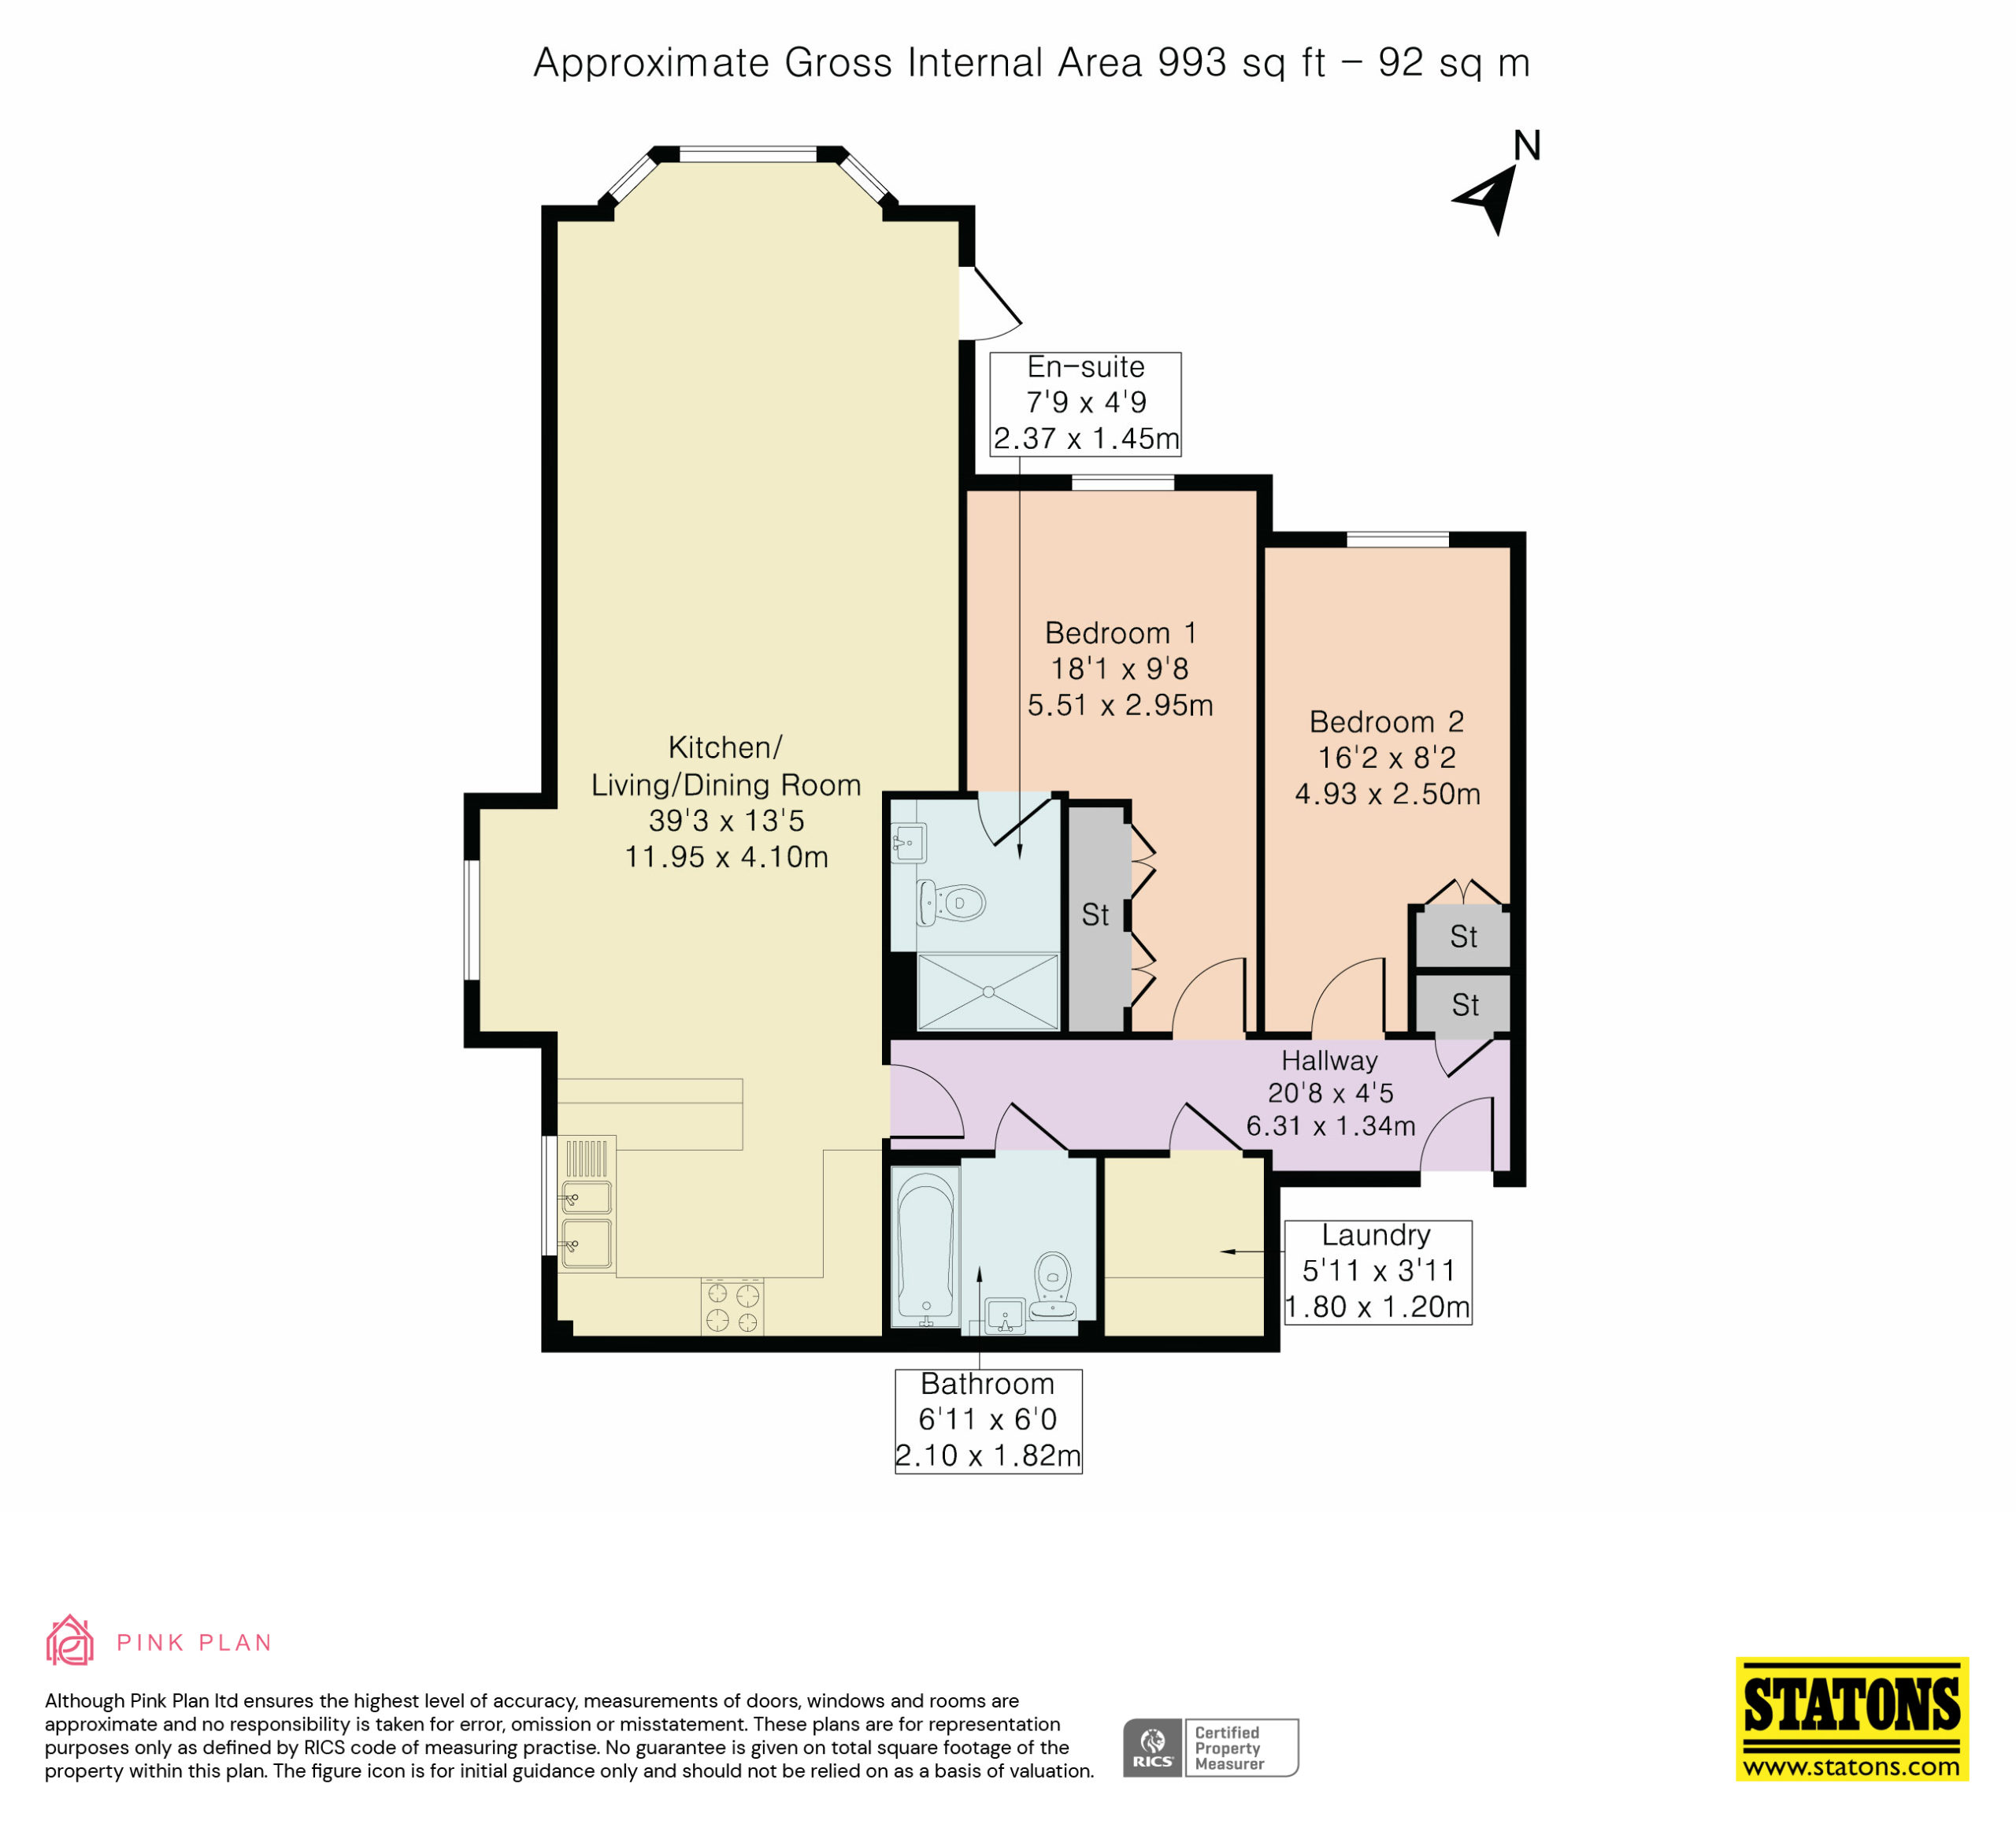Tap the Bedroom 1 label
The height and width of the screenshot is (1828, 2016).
(x=1120, y=633)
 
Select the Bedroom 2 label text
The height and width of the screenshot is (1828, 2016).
(x=1387, y=722)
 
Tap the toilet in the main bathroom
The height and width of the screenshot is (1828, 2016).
(x=1053, y=1286)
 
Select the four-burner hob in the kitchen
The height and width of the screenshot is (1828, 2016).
(x=732, y=1307)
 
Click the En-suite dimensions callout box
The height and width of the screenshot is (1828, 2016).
(x=1085, y=403)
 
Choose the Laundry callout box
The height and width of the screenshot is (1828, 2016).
(x=1377, y=1272)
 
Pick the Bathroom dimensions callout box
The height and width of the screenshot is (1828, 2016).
(x=988, y=1420)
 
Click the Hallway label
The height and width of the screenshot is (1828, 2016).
(x=1330, y=1060)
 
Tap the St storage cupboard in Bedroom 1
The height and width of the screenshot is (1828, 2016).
(x=1097, y=916)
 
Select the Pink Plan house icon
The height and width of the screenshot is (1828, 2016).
(x=70, y=1640)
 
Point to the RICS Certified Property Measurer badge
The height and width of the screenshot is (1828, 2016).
(x=1210, y=1747)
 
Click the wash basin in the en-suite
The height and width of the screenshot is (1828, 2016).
(x=909, y=843)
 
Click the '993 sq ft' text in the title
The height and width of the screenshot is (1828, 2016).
(x=1242, y=63)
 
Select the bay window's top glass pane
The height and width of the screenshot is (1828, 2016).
(x=748, y=155)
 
